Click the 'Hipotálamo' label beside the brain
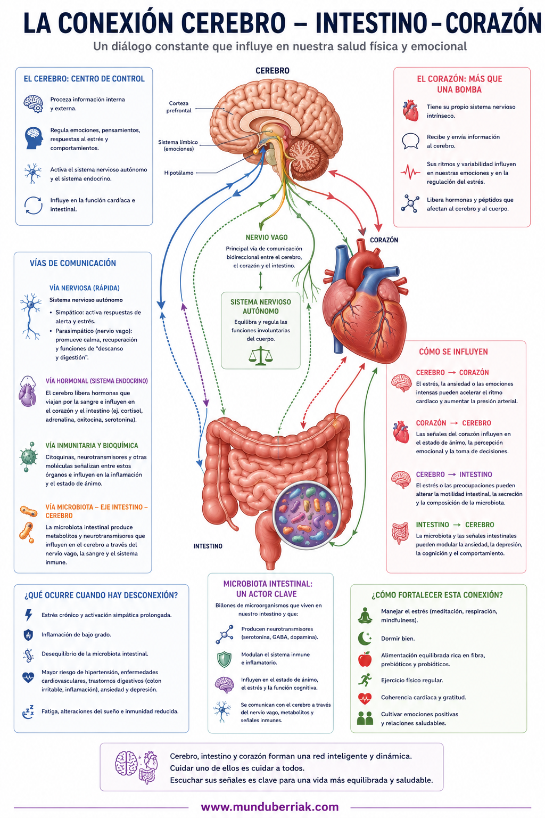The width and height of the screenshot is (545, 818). pos(178,173)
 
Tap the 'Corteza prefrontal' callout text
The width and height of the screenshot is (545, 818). pos(178,107)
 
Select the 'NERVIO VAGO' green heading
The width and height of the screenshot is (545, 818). pos(267,238)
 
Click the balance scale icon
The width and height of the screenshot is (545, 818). pos(260,356)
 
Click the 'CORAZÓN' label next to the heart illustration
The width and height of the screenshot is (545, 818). pos(384,240)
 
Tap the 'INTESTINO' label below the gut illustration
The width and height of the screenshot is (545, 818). pos(208,546)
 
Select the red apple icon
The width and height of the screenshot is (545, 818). pos(365,659)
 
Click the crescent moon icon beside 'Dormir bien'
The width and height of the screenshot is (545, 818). pos(364,639)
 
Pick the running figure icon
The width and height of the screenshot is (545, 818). pos(365,680)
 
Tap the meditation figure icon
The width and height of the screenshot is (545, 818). pos(365,615)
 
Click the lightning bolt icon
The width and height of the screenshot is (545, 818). pos(28,615)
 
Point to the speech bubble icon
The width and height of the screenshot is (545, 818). pos(410,141)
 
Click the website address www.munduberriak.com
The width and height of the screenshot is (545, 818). pos(270,807)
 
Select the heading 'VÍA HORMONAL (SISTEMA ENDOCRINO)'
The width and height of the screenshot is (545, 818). pos(97,381)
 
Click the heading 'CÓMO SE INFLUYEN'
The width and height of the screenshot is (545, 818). pos(453,351)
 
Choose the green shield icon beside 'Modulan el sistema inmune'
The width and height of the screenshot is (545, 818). pos(224,659)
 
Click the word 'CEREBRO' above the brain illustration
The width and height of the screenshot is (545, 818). pos(272,71)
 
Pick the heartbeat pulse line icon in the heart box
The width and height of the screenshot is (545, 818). pos(410,171)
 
